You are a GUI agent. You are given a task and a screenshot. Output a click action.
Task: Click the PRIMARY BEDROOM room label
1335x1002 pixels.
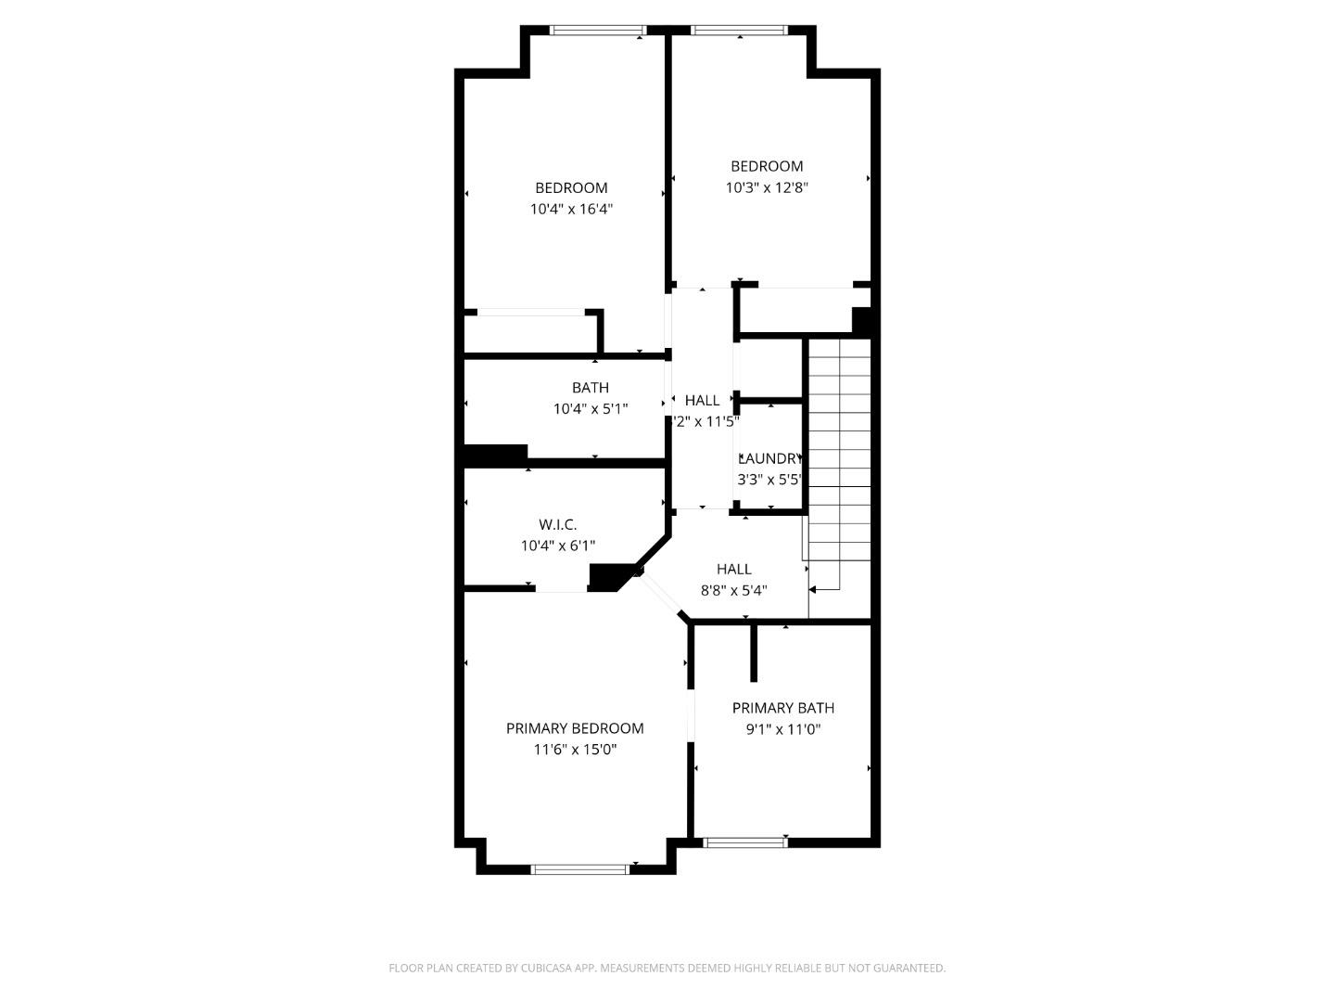pos(575,728)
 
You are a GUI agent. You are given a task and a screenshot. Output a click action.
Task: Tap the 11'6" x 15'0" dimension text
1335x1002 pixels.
pos(575,750)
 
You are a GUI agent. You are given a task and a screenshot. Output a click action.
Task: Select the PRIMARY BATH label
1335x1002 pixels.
pos(783,708)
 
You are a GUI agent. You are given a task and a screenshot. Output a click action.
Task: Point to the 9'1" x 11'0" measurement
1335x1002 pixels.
pos(783,729)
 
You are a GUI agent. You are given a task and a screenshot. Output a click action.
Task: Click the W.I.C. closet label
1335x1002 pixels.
pos(558,525)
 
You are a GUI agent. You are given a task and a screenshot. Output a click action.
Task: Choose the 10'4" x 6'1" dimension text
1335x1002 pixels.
pos(558,546)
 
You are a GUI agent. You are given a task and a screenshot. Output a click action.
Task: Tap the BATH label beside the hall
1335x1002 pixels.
pos(591,388)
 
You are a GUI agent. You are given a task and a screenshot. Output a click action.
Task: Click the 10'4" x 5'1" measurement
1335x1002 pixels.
pos(591,409)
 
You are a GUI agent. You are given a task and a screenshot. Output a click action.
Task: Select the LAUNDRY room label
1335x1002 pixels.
pos(769,458)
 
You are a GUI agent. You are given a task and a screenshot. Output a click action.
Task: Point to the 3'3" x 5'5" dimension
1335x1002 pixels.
pos(769,480)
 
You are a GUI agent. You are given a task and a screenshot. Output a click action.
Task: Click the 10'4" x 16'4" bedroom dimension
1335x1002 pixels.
pos(571,210)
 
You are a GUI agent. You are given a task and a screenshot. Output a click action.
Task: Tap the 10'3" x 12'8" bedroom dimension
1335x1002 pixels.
pos(767,187)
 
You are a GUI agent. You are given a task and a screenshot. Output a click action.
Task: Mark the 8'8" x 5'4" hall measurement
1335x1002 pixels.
pos(734,590)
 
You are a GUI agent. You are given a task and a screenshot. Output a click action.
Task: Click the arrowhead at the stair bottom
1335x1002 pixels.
pos(813,589)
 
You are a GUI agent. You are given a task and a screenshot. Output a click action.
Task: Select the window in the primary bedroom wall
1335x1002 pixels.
pos(580,869)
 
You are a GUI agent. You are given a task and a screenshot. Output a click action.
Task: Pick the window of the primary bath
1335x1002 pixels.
pos(745,842)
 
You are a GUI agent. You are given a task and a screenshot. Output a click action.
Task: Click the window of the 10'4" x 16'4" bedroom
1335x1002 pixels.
pos(598,30)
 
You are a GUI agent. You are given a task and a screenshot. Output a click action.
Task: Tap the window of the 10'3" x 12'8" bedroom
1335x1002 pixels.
pos(740,30)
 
